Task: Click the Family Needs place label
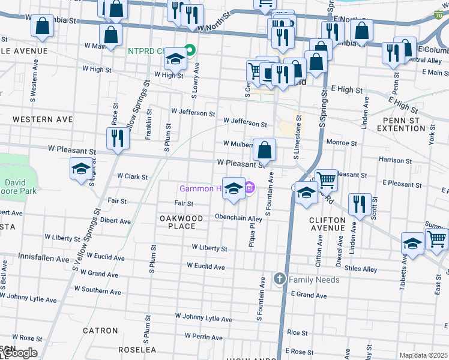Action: (314, 280)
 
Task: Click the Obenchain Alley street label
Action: (238, 218)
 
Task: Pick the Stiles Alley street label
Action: (362, 269)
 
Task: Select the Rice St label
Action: (297, 332)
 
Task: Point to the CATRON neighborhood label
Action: (100, 331)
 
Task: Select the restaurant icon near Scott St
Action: (360, 205)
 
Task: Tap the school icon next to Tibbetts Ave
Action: (412, 243)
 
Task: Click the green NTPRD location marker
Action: (190, 50)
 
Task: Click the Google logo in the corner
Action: (19, 353)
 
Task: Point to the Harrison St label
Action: (394, 160)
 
